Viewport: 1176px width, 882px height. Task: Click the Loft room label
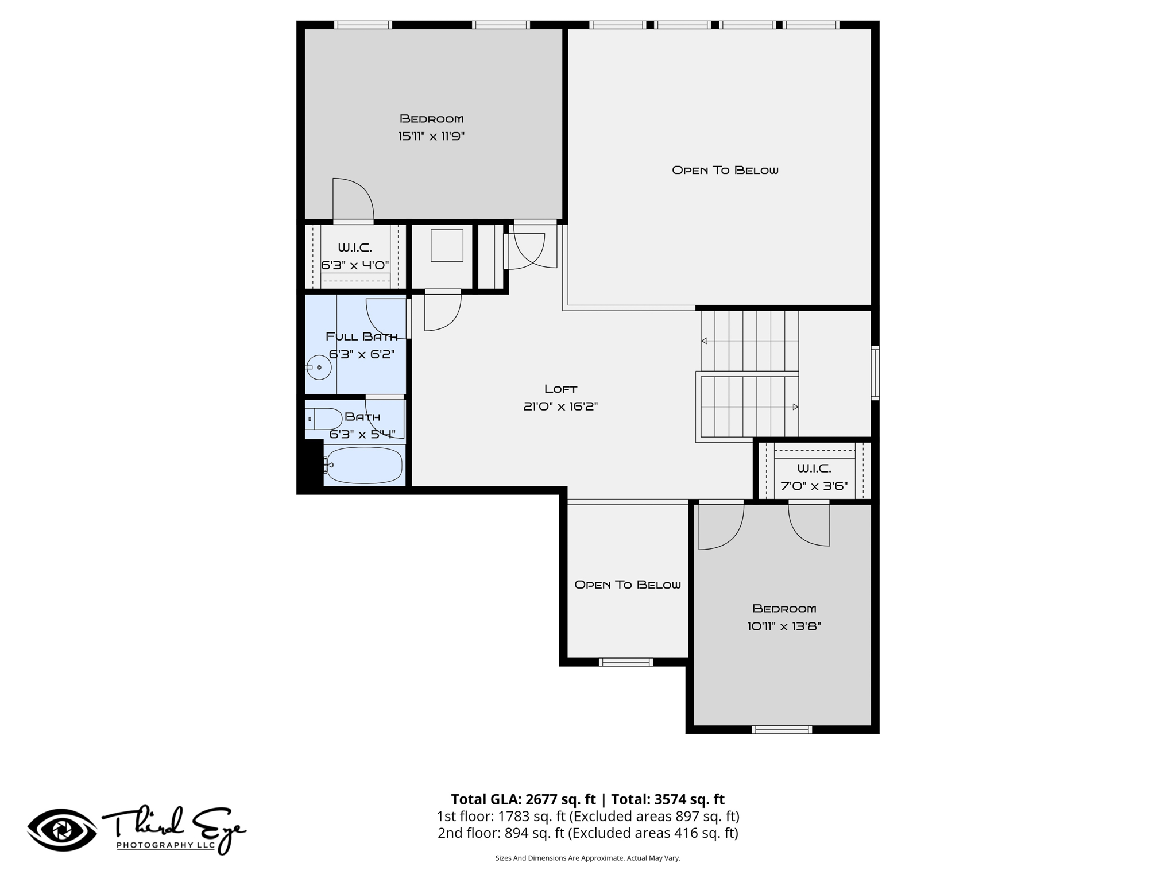[560, 389]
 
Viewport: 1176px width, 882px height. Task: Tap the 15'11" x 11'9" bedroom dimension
[431, 136]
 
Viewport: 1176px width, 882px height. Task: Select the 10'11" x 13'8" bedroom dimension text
[784, 626]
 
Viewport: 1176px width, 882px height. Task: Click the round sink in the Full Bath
[319, 367]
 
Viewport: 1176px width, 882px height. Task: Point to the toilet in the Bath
[323, 419]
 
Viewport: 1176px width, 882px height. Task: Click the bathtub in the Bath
[364, 465]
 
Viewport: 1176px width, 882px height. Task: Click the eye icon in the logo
[62, 830]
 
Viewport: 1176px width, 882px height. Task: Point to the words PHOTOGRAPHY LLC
[166, 845]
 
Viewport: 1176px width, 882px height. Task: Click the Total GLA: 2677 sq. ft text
[523, 799]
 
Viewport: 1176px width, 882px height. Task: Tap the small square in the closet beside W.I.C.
[447, 246]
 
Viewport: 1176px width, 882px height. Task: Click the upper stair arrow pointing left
[749, 341]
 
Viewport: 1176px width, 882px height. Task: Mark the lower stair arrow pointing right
[749, 407]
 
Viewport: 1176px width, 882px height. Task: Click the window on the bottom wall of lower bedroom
[782, 730]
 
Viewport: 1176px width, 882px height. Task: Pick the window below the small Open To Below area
[626, 662]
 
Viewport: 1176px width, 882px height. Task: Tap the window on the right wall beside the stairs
[875, 373]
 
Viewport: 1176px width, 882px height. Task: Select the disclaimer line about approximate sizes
[587, 858]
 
